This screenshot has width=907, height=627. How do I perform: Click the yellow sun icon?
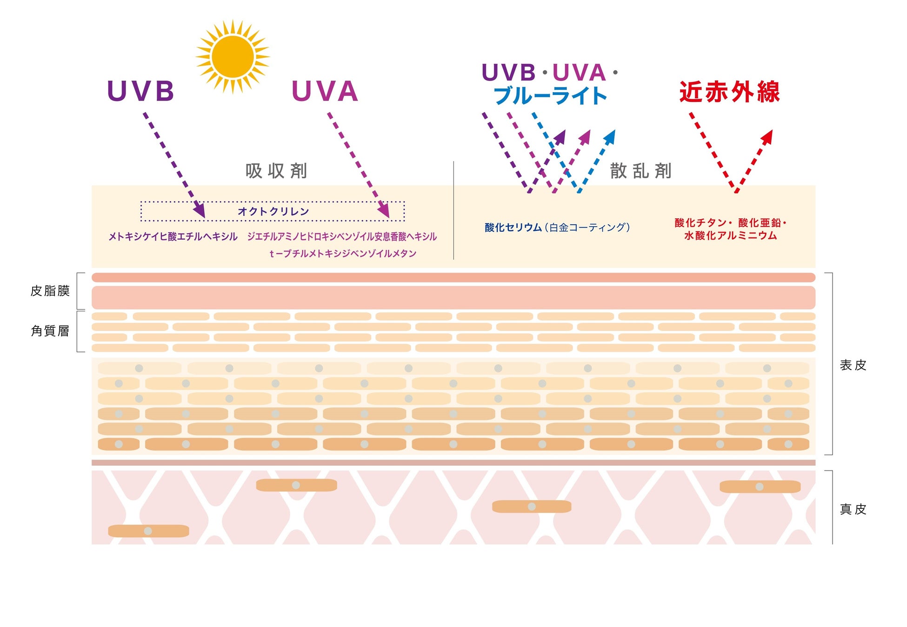click(x=233, y=57)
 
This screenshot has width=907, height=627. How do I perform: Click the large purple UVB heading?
click(x=140, y=91)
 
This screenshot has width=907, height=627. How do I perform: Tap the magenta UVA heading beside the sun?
click(x=325, y=91)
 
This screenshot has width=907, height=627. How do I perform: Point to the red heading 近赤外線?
click(x=729, y=92)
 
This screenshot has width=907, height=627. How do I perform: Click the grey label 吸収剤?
click(x=276, y=171)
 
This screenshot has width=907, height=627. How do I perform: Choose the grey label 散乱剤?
click(x=640, y=171)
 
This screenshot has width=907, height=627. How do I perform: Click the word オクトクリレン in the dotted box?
click(x=273, y=211)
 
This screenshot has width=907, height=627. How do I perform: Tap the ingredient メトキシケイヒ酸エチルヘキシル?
click(x=173, y=236)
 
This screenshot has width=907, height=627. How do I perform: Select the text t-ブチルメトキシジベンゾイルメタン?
click(x=343, y=253)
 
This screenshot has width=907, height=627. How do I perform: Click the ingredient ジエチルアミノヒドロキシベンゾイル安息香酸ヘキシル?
click(x=342, y=236)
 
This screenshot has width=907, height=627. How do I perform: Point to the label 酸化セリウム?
click(x=513, y=227)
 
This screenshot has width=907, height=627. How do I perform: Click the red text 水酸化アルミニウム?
click(x=730, y=236)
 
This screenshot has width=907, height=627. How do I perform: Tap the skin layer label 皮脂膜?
click(x=50, y=291)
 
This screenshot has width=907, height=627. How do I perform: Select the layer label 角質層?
click(x=50, y=331)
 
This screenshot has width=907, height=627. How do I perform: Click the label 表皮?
click(x=853, y=365)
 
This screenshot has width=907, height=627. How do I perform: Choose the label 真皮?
click(x=853, y=509)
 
